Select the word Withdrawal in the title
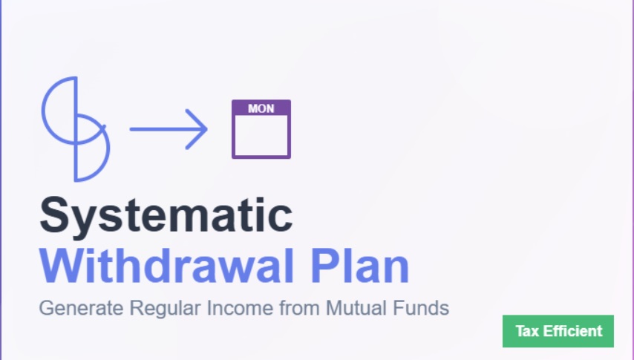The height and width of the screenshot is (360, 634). point(166,266)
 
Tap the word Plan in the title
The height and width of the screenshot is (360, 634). point(360,266)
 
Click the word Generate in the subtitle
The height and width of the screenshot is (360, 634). point(81,309)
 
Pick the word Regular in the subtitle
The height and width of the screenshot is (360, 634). point(165,308)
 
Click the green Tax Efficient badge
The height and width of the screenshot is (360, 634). point(558,331)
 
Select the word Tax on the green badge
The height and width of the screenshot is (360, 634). point(527,331)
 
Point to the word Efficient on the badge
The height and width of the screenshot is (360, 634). point(572,331)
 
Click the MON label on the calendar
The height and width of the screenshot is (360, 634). point(261,108)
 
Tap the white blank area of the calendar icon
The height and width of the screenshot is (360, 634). point(261,136)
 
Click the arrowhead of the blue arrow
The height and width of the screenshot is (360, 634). point(197,129)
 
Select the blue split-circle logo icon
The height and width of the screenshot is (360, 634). point(76,129)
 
